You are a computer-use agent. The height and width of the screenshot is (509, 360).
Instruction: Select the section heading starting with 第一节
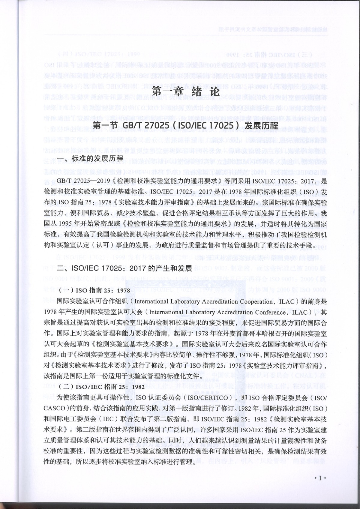pyautogui.click(x=186, y=125)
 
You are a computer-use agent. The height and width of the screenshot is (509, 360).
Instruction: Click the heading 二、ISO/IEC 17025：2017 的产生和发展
pyautogui.click(x=124, y=268)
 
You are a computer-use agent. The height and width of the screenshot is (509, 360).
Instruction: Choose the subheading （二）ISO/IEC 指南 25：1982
pyautogui.click(x=101, y=387)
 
